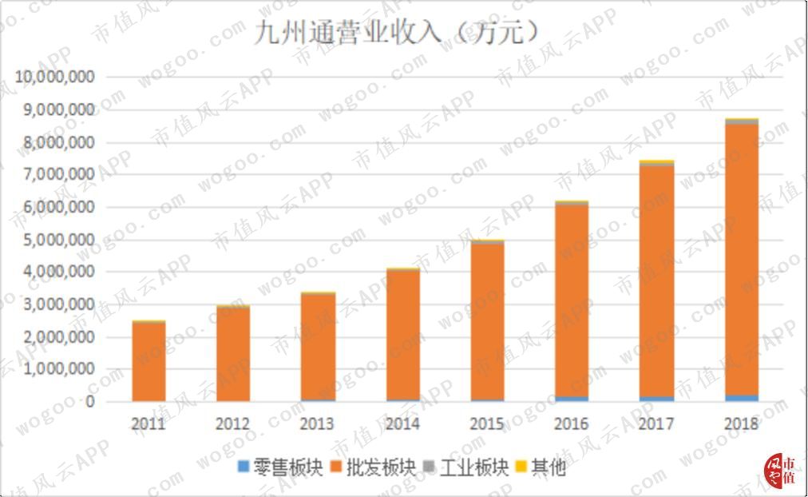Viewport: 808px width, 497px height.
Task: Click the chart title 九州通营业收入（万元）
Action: pos(397,34)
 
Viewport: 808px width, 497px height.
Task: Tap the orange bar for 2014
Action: pos(402,336)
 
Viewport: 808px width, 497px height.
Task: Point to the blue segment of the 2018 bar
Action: pos(741,397)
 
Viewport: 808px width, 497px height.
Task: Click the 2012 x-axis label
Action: pos(232,423)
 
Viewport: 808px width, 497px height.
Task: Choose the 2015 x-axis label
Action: pos(487,423)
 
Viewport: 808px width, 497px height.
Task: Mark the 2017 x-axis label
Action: pos(656,423)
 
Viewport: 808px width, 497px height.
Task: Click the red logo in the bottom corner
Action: pos(781,471)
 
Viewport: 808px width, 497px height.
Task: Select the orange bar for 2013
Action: pos(318,348)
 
